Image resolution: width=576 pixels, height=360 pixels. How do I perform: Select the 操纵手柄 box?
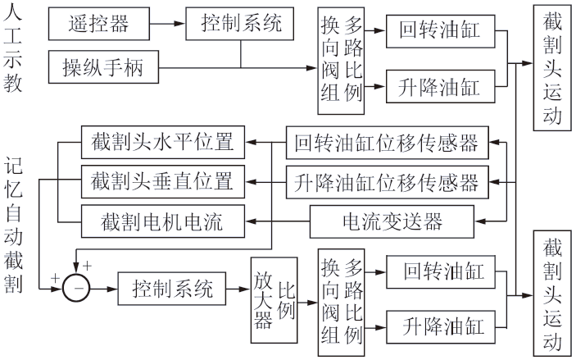pyautogui.click(x=102, y=66)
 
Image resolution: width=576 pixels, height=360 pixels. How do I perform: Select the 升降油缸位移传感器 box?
pyautogui.click(x=386, y=180)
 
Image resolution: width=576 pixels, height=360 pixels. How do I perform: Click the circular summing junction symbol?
pyautogui.click(x=79, y=289)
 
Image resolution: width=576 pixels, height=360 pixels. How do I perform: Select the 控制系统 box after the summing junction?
pyautogui.click(x=170, y=289)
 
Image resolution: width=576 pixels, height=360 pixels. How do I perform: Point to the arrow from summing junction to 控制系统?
pyautogui.click(x=103, y=289)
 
